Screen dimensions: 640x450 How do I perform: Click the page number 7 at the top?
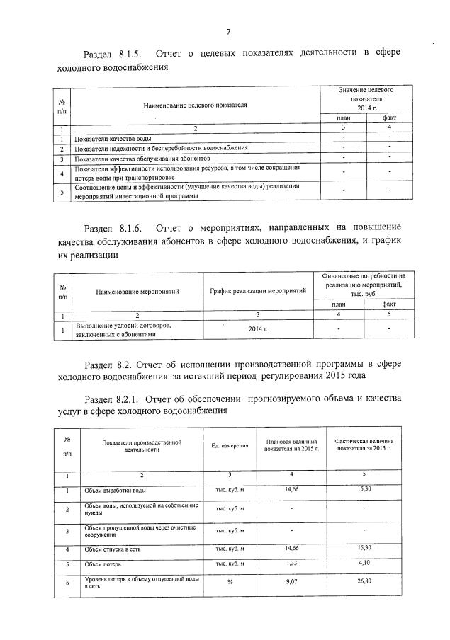click(x=228, y=32)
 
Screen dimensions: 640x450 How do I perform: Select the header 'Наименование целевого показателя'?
click(x=195, y=105)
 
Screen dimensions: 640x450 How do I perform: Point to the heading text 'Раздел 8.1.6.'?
click(x=113, y=228)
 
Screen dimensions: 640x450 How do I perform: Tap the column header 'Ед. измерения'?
click(x=230, y=445)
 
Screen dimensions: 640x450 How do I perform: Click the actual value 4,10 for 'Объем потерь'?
click(x=364, y=563)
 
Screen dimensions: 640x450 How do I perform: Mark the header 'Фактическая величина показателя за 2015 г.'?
click(x=364, y=445)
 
